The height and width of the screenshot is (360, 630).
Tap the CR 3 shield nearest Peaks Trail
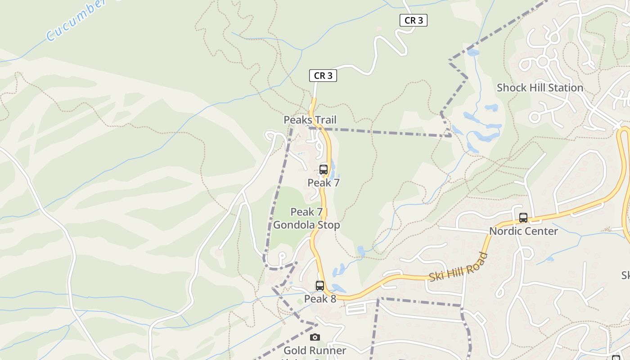(x=323, y=76)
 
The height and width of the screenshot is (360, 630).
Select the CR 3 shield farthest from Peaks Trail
(x=413, y=20)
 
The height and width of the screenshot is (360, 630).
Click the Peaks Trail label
(x=310, y=120)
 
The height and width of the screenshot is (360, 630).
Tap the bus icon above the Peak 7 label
(x=324, y=170)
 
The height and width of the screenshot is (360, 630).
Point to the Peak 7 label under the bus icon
(x=324, y=183)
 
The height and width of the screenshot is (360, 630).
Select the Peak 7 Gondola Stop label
(x=307, y=218)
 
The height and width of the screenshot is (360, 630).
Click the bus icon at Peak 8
(x=320, y=286)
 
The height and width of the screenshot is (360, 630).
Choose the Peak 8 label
(x=320, y=299)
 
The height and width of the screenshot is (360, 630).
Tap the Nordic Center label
(x=523, y=231)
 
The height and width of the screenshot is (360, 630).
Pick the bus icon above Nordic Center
(x=523, y=218)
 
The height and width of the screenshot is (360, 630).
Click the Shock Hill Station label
(x=540, y=88)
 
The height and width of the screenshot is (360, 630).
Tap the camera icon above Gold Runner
(x=315, y=337)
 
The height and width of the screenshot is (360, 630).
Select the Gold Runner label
(x=315, y=351)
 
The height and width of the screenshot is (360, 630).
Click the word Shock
(x=511, y=88)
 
